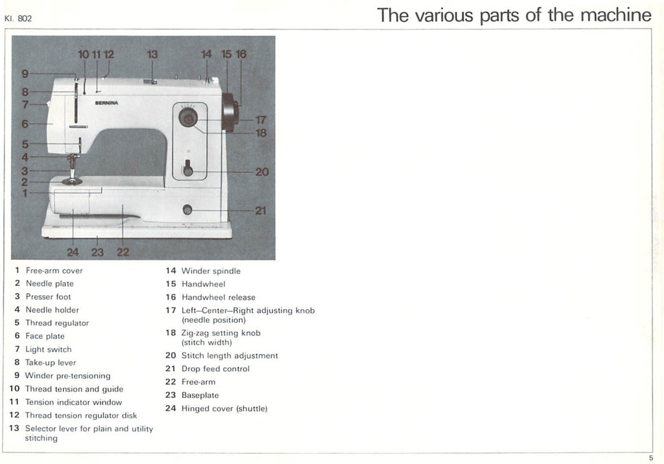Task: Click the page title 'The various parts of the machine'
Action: pyautogui.click(x=514, y=15)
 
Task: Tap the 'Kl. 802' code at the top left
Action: pyautogui.click(x=18, y=18)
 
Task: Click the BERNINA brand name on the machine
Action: pyautogui.click(x=107, y=103)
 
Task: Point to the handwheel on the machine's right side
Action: pyautogui.click(x=229, y=111)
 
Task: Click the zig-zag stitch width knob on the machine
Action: pyautogui.click(x=189, y=118)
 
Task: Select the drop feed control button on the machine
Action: pyautogui.click(x=187, y=209)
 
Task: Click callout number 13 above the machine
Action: pyautogui.click(x=152, y=54)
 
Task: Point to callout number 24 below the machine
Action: pyautogui.click(x=73, y=252)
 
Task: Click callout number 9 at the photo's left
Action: pyautogui.click(x=25, y=73)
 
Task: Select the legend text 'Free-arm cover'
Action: pyautogui.click(x=54, y=271)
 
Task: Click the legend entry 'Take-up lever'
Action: pyautogui.click(x=50, y=363)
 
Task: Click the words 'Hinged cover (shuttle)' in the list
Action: pyautogui.click(x=224, y=408)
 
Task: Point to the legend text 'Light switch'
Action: pyautogui.click(x=48, y=349)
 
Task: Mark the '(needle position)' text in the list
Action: pyautogui.click(x=213, y=320)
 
